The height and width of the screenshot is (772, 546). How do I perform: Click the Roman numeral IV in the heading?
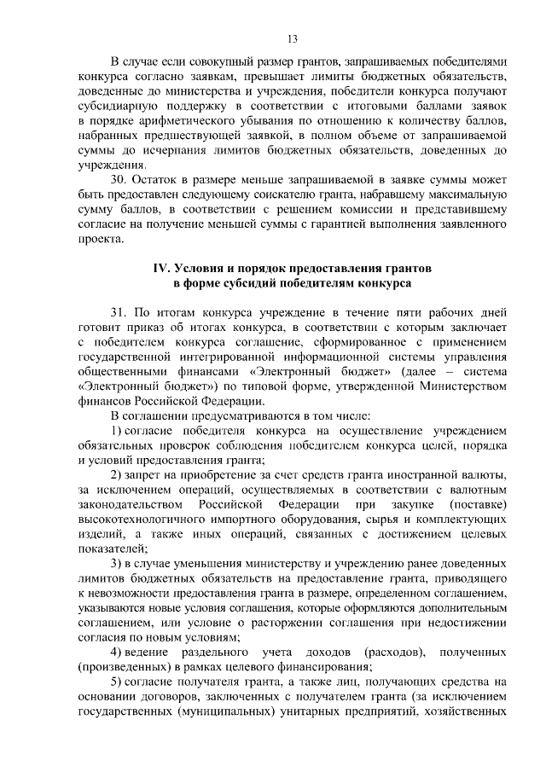[160, 268]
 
